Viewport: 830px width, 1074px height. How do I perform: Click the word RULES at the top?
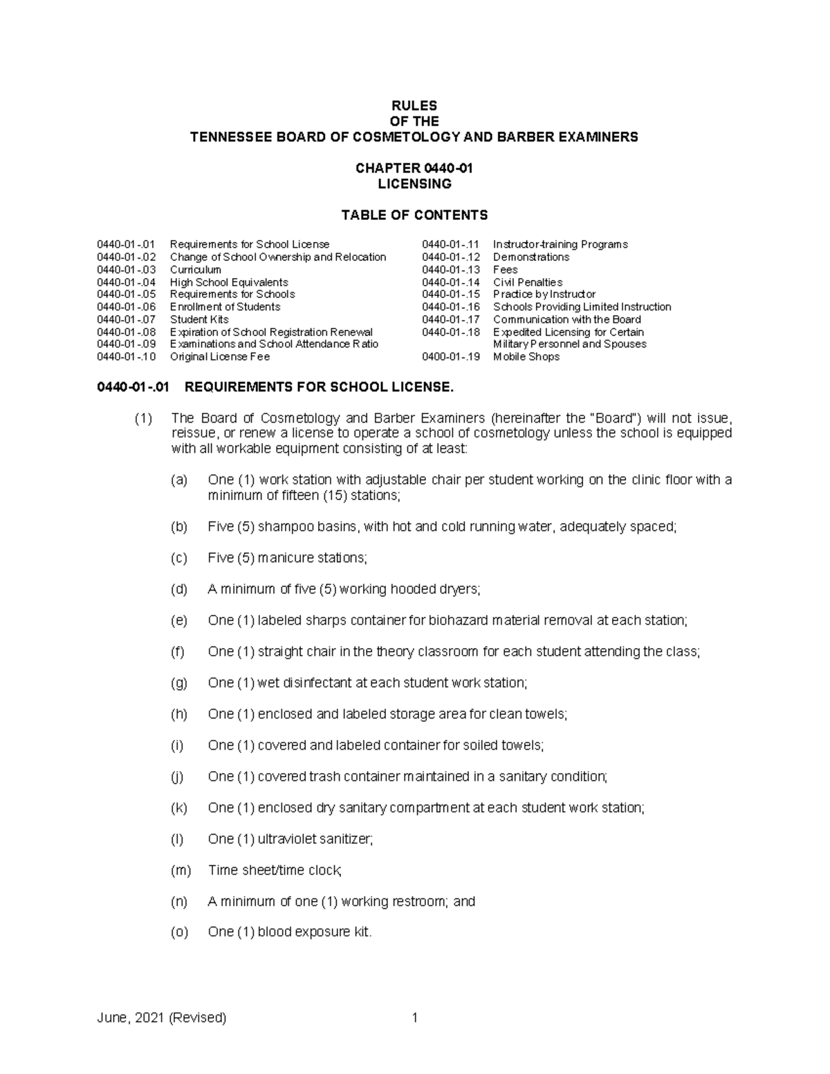click(x=414, y=106)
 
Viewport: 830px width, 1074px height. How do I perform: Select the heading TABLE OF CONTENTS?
click(x=414, y=215)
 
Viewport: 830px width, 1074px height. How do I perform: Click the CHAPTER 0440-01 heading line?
click(x=414, y=168)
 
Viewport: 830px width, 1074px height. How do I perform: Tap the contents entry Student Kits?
click(x=199, y=320)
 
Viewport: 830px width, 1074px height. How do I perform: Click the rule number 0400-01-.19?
click(x=450, y=357)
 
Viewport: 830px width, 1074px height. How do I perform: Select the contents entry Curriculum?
click(x=196, y=270)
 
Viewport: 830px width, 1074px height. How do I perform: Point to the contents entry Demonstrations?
click(x=531, y=257)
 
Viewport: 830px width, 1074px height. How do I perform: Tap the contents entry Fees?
click(x=505, y=270)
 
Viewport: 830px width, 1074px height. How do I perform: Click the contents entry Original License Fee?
click(x=220, y=357)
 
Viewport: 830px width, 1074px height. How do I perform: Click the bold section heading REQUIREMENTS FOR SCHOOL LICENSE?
click(x=319, y=387)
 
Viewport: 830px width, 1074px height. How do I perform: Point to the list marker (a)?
click(x=179, y=480)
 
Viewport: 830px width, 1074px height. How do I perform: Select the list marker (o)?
click(x=179, y=932)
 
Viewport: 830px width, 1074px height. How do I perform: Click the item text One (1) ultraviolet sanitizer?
click(x=290, y=839)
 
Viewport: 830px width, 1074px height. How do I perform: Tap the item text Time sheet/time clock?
click(x=275, y=870)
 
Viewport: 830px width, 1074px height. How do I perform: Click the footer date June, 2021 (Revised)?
click(x=161, y=1018)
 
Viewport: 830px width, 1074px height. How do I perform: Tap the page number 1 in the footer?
click(x=414, y=1018)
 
